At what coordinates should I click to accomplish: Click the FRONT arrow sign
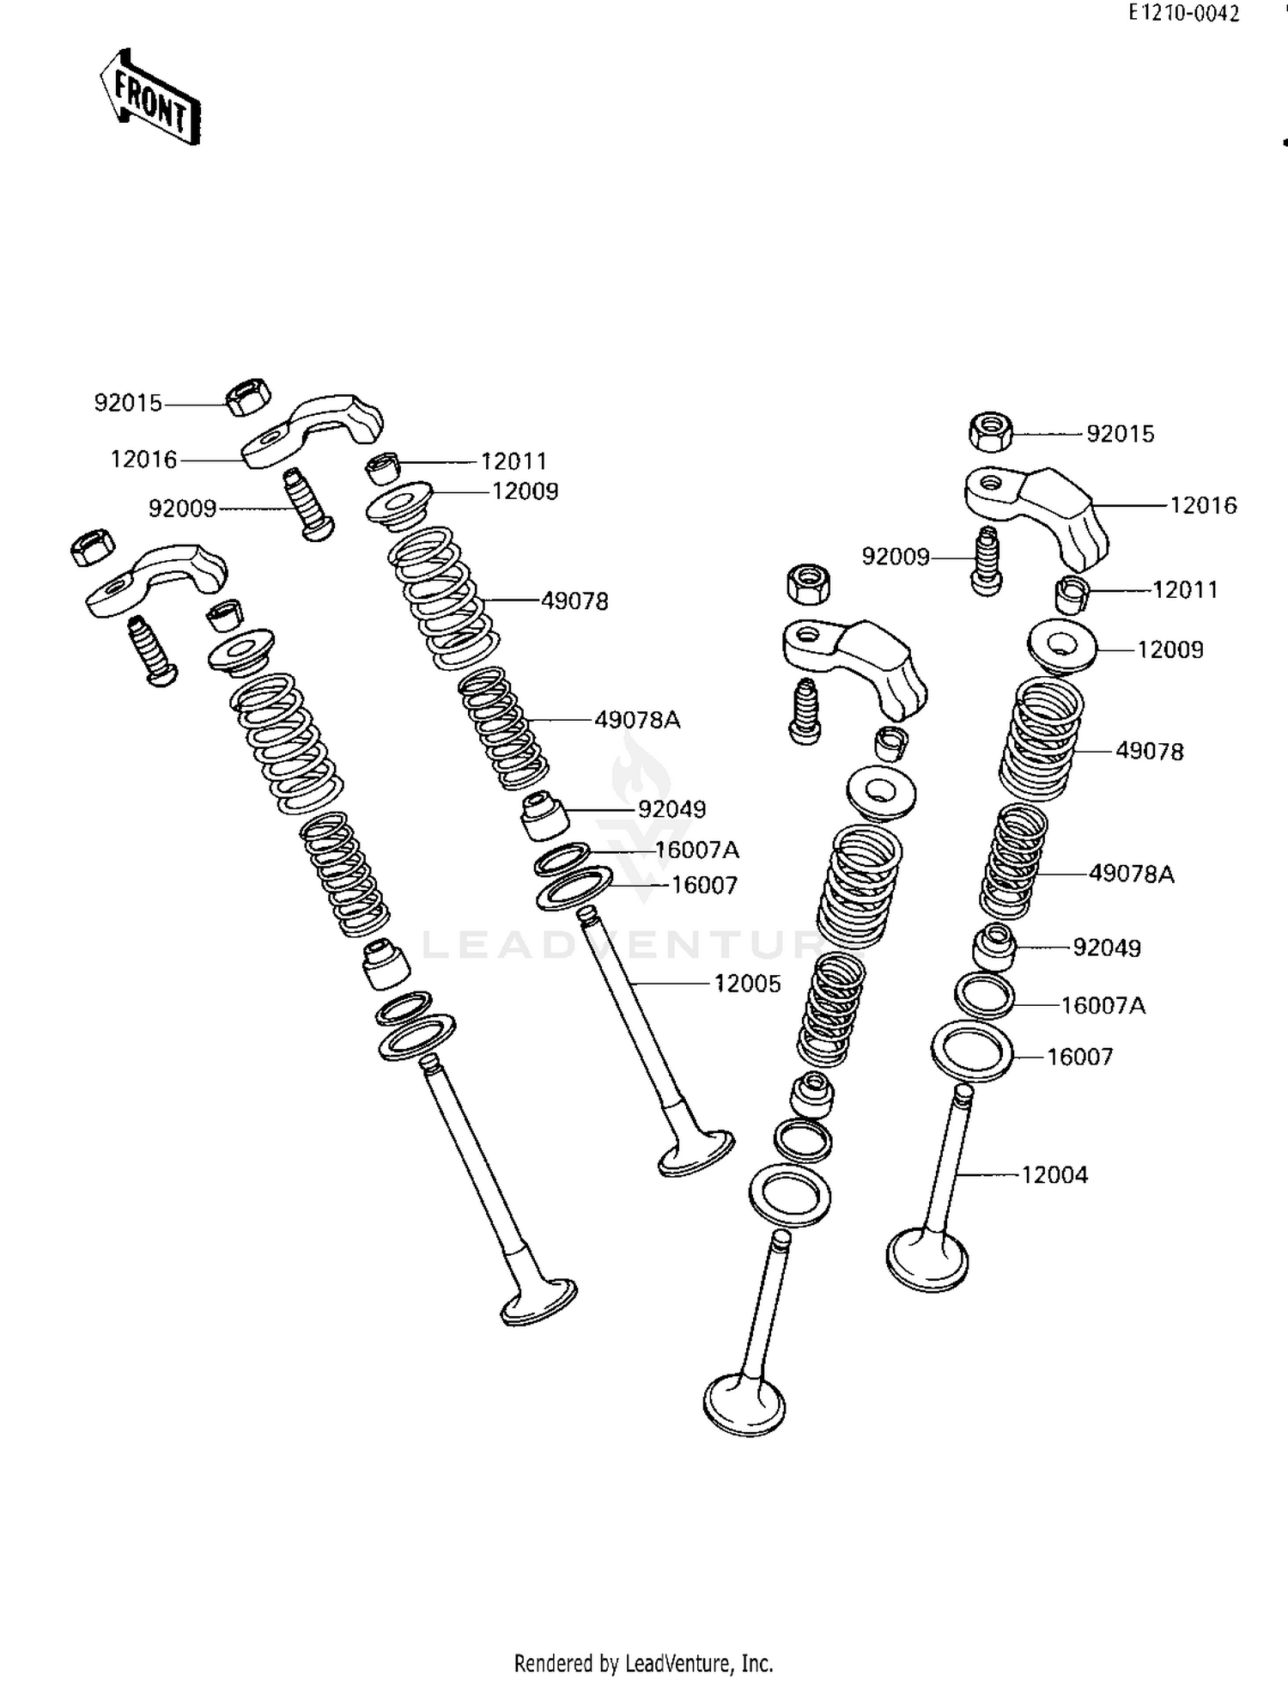pyautogui.click(x=150, y=97)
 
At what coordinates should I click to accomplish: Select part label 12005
pyautogui.click(x=747, y=984)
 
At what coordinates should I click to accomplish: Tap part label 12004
pyautogui.click(x=1054, y=1174)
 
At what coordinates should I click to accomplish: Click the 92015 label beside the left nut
pyautogui.click(x=128, y=403)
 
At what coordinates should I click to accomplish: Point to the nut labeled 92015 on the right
pyautogui.click(x=990, y=431)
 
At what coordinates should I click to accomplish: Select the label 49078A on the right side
pyautogui.click(x=1131, y=874)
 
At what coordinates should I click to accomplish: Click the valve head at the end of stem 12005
pyautogui.click(x=696, y=1154)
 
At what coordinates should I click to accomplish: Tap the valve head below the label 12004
pyautogui.click(x=927, y=1259)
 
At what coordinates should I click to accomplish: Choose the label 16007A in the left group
pyautogui.click(x=696, y=850)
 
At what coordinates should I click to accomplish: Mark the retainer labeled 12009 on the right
pyautogui.click(x=1062, y=648)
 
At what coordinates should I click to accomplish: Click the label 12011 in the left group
pyautogui.click(x=513, y=461)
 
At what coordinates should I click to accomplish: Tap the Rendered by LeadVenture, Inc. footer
pyautogui.click(x=643, y=1663)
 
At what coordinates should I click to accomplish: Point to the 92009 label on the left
pyautogui.click(x=182, y=509)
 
